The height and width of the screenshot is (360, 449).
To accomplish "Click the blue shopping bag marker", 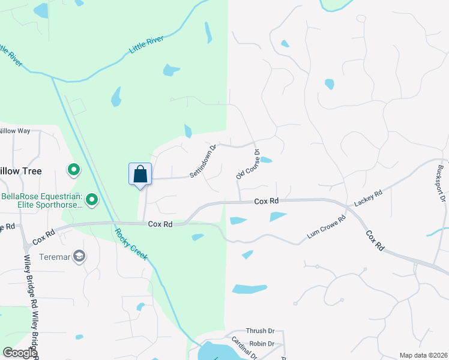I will [140, 175].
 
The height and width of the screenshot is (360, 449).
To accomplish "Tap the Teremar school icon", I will [79, 257].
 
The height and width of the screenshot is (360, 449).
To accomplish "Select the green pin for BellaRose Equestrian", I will [92, 199].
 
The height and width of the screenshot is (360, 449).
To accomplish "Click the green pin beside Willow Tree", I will [74, 171].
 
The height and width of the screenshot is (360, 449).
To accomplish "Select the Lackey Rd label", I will [368, 200].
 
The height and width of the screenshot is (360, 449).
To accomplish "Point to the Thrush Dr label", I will [260, 331].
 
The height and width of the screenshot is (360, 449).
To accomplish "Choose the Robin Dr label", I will [262, 344].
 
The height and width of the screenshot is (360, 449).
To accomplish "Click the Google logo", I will [19, 353].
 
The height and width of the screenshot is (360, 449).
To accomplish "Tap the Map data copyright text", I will [423, 355].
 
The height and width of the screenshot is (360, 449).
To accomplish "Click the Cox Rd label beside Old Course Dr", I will [267, 202].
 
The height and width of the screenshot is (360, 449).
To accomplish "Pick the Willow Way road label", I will [14, 130].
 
